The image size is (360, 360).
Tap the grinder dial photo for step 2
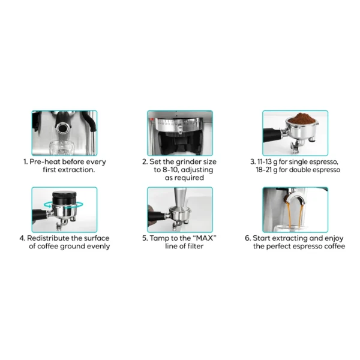point(180,133)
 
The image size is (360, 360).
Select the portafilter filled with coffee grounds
point(295,133)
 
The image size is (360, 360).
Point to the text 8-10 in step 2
point(171,170)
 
